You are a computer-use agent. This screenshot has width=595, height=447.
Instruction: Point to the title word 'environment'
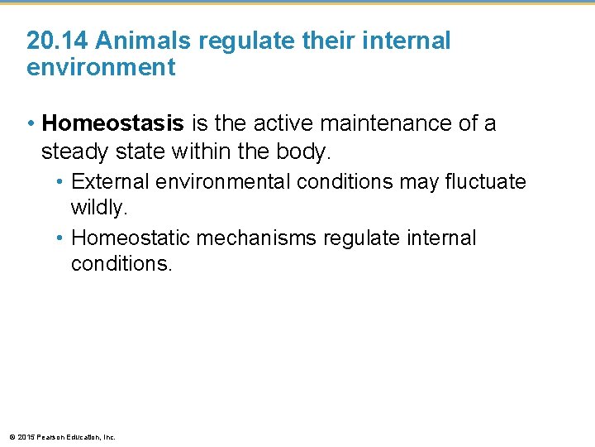coord(101,68)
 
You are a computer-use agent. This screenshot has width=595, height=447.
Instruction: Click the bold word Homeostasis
coord(113,124)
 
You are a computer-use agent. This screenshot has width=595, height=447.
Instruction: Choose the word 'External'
coord(111,181)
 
